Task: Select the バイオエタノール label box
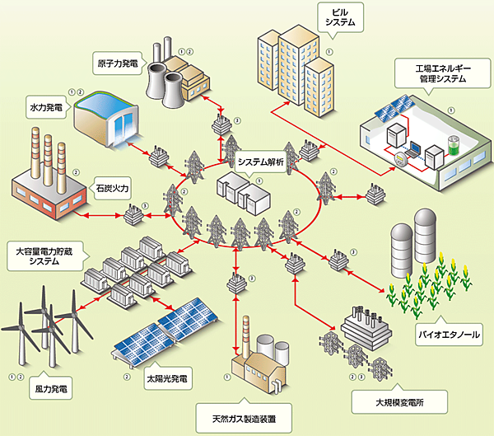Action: (447, 335)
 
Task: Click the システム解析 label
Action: (260, 162)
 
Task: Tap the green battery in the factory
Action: (450, 146)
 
